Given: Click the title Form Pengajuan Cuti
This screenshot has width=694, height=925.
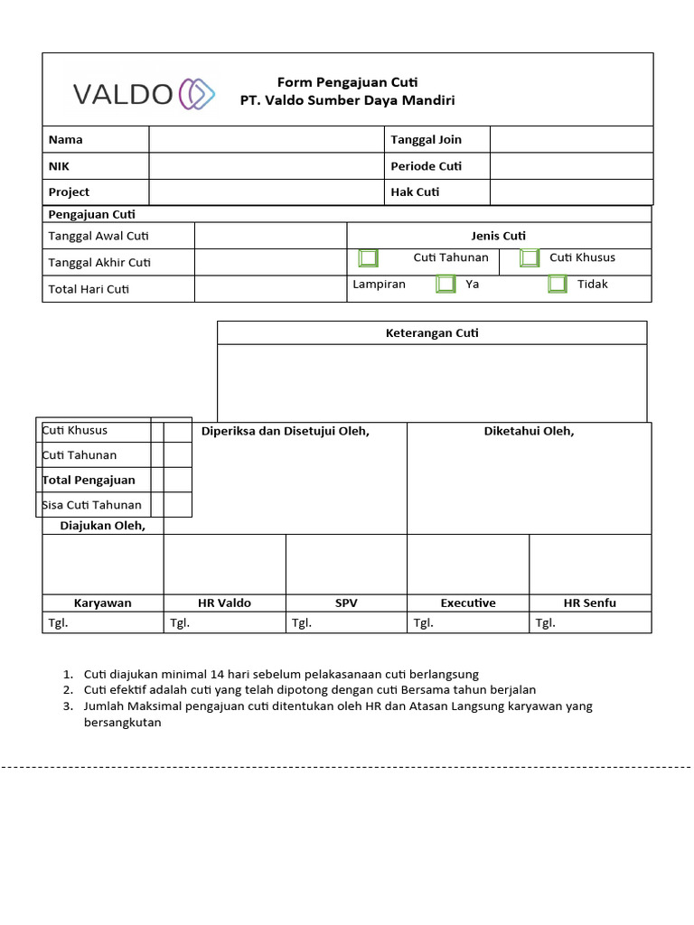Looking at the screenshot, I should click(347, 82).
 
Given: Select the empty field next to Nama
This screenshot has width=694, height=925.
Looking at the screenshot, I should click(267, 139).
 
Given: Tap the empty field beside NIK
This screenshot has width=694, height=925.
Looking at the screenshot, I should click(267, 166).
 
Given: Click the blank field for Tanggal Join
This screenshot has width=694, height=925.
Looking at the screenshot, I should click(570, 139).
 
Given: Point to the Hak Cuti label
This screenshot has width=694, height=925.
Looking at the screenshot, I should click(415, 192).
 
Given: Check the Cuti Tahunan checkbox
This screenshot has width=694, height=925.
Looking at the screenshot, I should click(368, 258).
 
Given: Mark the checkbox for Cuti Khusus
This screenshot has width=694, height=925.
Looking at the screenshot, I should click(530, 258).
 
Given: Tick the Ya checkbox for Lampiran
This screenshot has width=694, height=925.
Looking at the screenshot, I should click(445, 285).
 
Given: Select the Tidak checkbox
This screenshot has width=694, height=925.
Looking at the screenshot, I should click(558, 285).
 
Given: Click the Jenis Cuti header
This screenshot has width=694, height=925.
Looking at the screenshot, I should click(499, 236).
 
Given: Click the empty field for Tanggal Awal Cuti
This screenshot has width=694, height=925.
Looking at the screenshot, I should click(270, 236).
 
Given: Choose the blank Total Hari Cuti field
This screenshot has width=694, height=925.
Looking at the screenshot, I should click(270, 289).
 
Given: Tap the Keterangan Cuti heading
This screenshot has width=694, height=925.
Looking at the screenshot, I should click(432, 333).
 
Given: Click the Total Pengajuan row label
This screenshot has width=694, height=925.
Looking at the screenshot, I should click(89, 480).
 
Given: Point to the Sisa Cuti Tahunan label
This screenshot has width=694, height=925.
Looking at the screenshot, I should click(91, 505).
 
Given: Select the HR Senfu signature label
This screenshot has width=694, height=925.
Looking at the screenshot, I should click(589, 603).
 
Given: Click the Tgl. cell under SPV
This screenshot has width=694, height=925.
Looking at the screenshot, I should click(346, 622).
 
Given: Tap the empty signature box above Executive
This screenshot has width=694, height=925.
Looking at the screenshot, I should click(467, 564).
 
